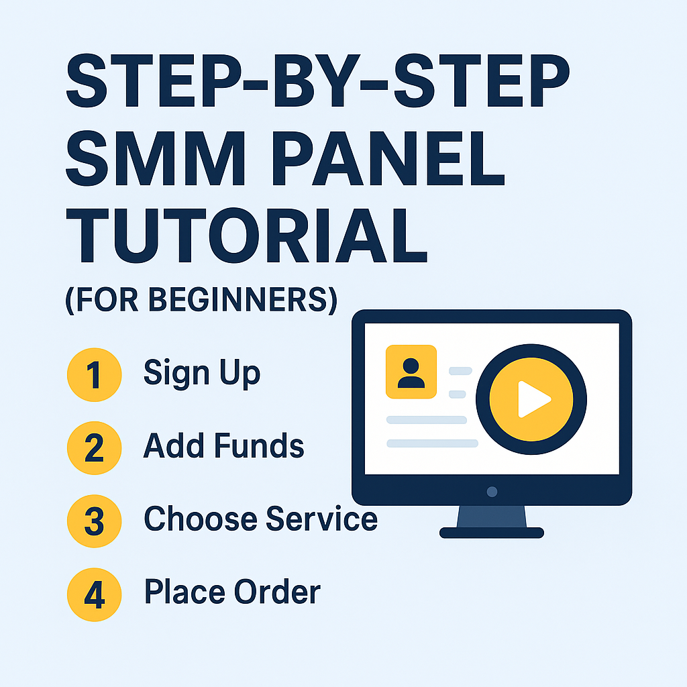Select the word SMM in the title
tap(151, 161)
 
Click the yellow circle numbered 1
tap(94, 374)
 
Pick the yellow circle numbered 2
tap(94, 447)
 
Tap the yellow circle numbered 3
tap(94, 521)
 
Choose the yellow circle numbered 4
tap(94, 594)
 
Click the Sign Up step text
tap(202, 373)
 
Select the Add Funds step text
tap(224, 446)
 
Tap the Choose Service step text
tap(260, 519)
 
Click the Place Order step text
tap(232, 592)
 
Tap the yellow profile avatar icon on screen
tap(411, 372)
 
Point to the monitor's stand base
tap(492, 533)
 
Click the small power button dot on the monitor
tap(492, 492)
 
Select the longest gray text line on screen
tap(432, 443)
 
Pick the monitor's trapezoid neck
tap(492, 516)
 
